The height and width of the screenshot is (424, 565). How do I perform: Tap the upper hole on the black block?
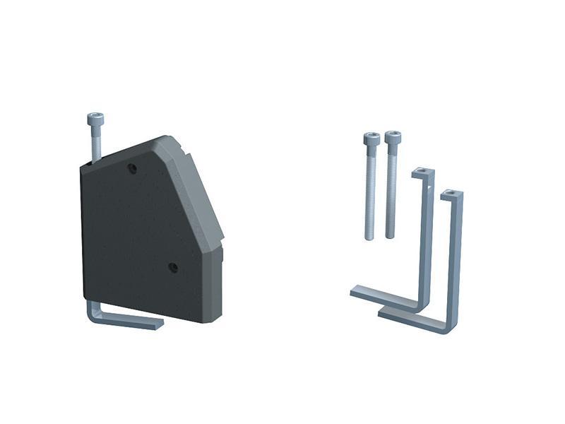132,169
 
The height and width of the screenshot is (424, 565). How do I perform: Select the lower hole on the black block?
172,267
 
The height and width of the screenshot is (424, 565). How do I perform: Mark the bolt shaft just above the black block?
97,145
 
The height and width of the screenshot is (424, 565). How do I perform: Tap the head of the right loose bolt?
393,137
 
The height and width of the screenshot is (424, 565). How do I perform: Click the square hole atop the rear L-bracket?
422,170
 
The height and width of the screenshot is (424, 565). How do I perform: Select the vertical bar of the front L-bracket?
455,261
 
